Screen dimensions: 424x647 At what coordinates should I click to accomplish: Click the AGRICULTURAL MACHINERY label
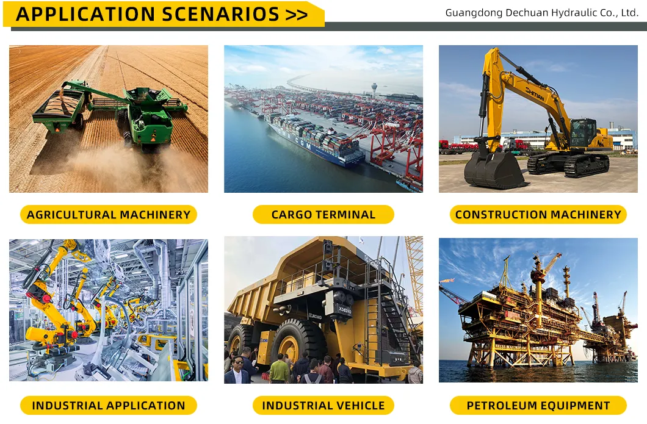tap(109, 215)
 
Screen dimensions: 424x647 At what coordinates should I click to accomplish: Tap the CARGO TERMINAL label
tap(323, 215)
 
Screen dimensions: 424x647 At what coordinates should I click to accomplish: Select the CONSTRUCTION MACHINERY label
tap(538, 215)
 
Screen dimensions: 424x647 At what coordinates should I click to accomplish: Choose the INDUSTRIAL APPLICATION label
tap(109, 406)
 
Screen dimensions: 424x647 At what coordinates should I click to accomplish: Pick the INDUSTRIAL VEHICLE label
tap(323, 406)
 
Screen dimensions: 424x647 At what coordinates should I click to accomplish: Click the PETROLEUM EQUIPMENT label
tap(538, 406)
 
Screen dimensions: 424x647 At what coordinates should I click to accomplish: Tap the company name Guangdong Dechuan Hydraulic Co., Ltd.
tap(541, 13)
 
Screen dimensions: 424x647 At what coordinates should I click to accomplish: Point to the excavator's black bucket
tap(493, 170)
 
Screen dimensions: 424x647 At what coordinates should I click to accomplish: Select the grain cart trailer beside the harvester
tap(59, 109)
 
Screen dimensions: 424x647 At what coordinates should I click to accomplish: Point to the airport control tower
tap(374, 89)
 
